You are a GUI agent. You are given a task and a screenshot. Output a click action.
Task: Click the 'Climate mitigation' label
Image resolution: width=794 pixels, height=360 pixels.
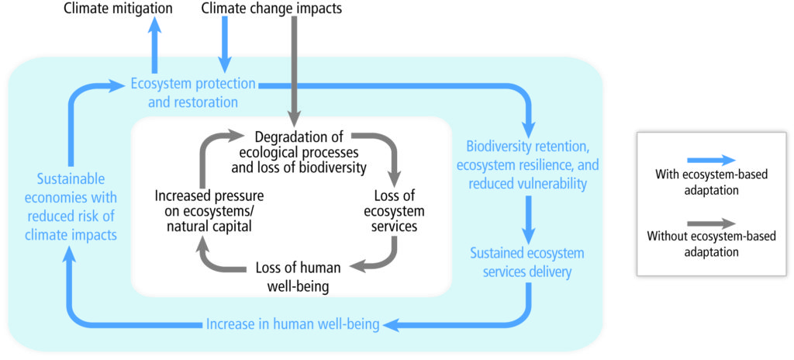(118, 8)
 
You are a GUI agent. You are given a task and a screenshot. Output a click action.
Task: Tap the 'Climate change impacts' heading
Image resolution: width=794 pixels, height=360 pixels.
(272, 8)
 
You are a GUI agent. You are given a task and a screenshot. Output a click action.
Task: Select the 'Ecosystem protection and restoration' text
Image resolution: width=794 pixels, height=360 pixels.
(193, 93)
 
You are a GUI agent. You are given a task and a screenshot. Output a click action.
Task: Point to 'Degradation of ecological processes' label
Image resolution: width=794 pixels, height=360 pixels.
(299, 144)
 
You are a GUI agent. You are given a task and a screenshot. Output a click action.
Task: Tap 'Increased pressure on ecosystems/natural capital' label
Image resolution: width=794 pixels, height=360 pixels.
(209, 210)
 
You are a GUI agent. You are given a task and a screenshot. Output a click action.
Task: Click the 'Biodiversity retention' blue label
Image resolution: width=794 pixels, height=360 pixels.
(527, 167)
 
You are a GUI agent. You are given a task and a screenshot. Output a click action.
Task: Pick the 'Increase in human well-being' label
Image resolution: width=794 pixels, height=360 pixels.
(292, 324)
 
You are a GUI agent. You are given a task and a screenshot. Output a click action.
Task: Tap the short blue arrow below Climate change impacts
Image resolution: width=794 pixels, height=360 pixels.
(224, 45)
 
